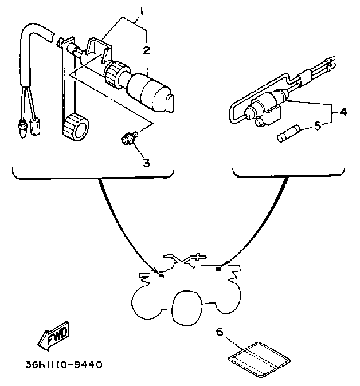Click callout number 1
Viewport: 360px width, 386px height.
pyautogui.click(x=142, y=11)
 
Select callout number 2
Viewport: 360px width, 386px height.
pyautogui.click(x=146, y=50)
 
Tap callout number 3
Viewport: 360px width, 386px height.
pyautogui.click(x=147, y=163)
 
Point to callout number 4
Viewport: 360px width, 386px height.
pyautogui.click(x=343, y=112)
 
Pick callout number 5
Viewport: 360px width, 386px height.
pyautogui.click(x=318, y=126)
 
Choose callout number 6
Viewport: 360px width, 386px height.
pyautogui.click(x=220, y=332)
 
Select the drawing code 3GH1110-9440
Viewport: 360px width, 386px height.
pyautogui.click(x=64, y=364)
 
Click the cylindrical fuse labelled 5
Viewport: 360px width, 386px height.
pyautogui.click(x=289, y=133)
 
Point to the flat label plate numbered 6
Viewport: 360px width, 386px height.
pyautogui.click(x=259, y=360)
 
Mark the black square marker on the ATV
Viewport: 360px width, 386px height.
pyautogui.click(x=218, y=269)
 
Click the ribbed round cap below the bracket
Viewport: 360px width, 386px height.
pyautogui.click(x=76, y=127)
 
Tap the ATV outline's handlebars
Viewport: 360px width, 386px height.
pyautogui.click(x=185, y=259)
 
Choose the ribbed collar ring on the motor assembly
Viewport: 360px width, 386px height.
pyautogui.click(x=115, y=73)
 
